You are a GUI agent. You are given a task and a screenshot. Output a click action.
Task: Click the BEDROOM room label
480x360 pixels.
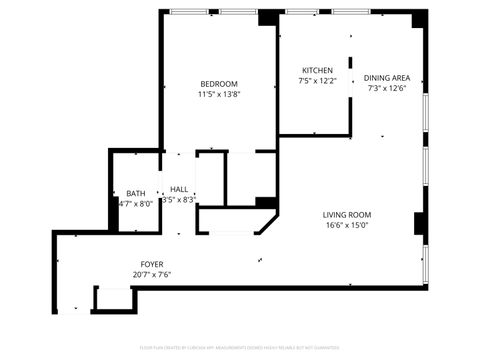click(219, 83)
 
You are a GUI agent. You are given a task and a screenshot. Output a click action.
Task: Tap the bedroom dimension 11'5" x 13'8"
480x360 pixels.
click(219, 94)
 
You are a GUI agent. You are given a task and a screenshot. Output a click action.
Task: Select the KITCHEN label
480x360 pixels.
click(317, 70)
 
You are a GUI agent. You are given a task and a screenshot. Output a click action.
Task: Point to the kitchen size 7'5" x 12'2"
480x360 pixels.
click(317, 81)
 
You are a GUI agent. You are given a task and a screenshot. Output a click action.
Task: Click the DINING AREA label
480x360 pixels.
click(387, 77)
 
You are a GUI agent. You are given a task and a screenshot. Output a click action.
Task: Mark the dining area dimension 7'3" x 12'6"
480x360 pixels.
click(387, 88)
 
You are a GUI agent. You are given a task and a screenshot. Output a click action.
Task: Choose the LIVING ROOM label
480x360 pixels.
click(347, 215)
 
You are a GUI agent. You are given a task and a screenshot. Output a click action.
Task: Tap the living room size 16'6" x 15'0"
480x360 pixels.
click(347, 226)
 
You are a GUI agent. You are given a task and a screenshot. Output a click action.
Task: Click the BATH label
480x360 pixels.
click(135, 193)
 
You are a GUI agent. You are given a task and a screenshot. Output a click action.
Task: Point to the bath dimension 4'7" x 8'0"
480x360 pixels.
click(135, 204)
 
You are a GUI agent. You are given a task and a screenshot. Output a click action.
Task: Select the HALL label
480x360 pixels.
click(179, 189)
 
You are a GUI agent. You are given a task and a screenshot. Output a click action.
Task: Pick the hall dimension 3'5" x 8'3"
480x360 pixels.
click(179, 200)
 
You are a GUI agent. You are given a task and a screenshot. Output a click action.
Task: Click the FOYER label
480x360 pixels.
click(152, 264)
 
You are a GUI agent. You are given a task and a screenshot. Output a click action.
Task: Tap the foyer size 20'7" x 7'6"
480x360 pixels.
click(152, 275)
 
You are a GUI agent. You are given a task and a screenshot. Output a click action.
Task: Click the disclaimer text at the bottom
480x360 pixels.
click(240, 348)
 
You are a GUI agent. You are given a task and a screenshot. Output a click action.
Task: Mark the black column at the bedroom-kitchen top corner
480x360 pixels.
click(269, 18)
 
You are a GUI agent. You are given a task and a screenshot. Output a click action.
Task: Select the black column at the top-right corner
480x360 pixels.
click(419, 18)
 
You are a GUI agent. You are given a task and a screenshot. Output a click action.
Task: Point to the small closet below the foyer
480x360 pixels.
click(113, 299)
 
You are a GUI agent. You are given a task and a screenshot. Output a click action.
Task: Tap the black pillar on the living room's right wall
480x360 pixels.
click(420, 224)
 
